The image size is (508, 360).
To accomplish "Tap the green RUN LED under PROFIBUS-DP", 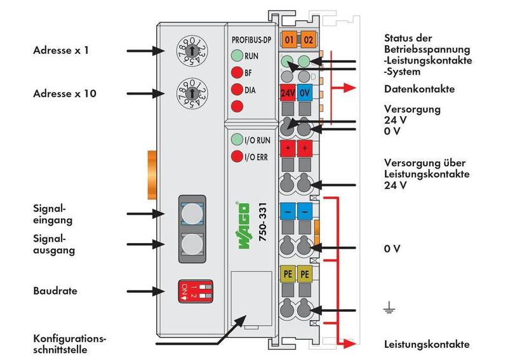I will click(237, 55).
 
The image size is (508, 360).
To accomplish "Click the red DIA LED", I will click(237, 89).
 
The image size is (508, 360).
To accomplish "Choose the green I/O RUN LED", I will click(236, 139).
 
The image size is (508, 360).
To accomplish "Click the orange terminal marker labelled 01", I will click(288, 41).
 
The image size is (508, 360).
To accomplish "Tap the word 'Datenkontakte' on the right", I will click(419, 89).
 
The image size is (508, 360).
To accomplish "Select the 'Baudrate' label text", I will click(55, 291).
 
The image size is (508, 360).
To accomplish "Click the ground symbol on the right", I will click(389, 309).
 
